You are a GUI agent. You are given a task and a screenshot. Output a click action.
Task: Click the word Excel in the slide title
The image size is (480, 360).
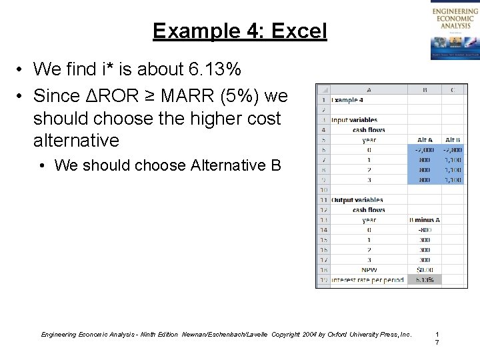tap(295, 31)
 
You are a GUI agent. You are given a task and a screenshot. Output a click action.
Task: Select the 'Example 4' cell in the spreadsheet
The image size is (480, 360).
tap(347, 99)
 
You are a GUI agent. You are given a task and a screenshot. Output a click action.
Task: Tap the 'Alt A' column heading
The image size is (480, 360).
tap(424, 140)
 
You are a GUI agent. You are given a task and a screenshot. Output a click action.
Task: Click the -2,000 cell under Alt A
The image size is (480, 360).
tap(424, 150)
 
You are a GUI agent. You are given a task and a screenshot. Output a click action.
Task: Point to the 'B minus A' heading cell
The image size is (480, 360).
tap(424, 220)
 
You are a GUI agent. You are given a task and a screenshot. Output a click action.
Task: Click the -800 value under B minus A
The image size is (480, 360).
tap(424, 230)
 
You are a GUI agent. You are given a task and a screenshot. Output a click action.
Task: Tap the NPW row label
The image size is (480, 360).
tap(369, 270)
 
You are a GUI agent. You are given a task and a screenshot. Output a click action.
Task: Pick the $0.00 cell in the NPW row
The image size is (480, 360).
tap(424, 270)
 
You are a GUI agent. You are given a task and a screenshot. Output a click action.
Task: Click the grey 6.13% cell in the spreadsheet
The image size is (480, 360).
tap(424, 280)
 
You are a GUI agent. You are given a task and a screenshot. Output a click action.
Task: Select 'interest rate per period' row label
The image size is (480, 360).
tap(368, 280)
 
